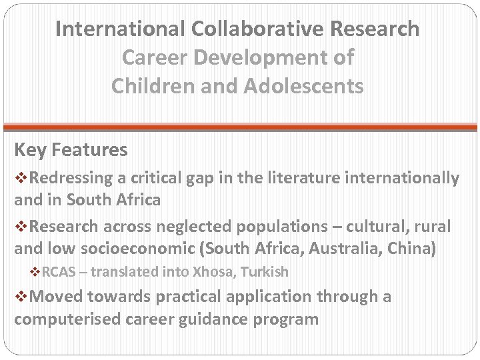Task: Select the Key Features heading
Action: tap(71, 150)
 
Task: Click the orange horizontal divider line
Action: tap(240, 127)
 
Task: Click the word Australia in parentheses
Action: tap(341, 249)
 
